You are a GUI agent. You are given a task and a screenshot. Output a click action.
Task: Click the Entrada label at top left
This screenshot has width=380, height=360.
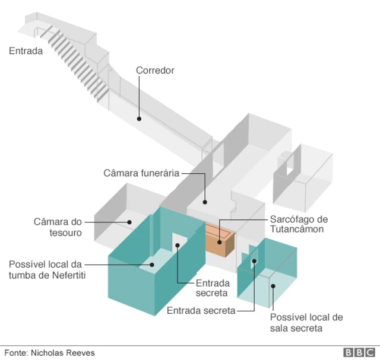(x=26, y=51)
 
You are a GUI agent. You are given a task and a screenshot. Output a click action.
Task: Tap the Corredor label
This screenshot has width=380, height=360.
(x=155, y=71)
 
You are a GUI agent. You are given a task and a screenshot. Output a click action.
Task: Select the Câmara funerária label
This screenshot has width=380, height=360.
(x=141, y=173)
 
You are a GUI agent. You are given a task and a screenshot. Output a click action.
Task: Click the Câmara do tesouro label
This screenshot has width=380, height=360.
(x=58, y=227)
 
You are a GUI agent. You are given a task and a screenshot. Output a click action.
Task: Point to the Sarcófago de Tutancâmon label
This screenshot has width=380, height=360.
(x=299, y=224)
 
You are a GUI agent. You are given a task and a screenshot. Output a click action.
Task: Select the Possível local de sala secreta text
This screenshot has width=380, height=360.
(x=306, y=323)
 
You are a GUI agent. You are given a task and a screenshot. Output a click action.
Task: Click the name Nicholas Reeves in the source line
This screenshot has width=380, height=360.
(x=63, y=353)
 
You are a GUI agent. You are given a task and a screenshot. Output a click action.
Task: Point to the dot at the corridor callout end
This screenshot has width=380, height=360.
(x=139, y=119)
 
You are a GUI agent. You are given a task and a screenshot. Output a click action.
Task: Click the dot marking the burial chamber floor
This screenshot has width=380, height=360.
(x=205, y=202)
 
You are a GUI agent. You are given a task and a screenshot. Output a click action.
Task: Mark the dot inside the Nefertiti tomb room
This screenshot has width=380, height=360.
(x=152, y=265)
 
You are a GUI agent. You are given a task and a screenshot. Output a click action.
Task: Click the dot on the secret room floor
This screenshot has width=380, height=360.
(x=273, y=286)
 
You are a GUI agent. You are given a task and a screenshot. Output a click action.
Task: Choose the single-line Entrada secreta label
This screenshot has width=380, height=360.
(x=201, y=310)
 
